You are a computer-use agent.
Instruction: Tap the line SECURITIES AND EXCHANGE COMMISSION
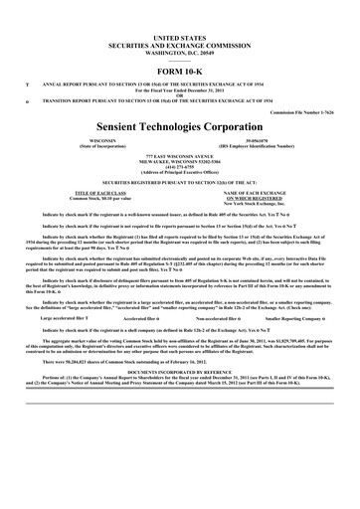(180, 28)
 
